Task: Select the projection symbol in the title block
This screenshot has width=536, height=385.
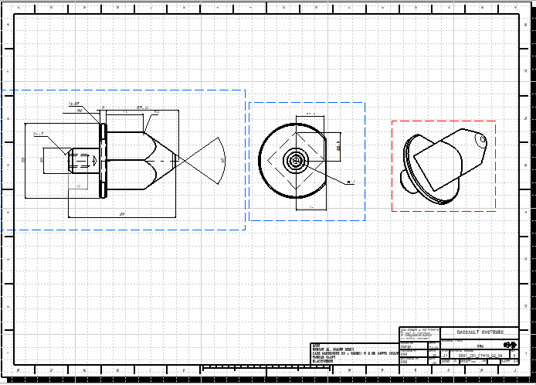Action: click(x=509, y=346)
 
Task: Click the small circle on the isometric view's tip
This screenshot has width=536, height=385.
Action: click(x=481, y=140)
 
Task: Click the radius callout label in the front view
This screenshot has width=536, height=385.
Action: click(x=350, y=183)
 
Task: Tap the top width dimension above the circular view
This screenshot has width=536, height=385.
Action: click(x=310, y=114)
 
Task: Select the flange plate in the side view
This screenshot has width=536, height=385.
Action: click(x=102, y=161)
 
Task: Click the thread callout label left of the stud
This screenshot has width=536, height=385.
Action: click(x=38, y=135)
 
